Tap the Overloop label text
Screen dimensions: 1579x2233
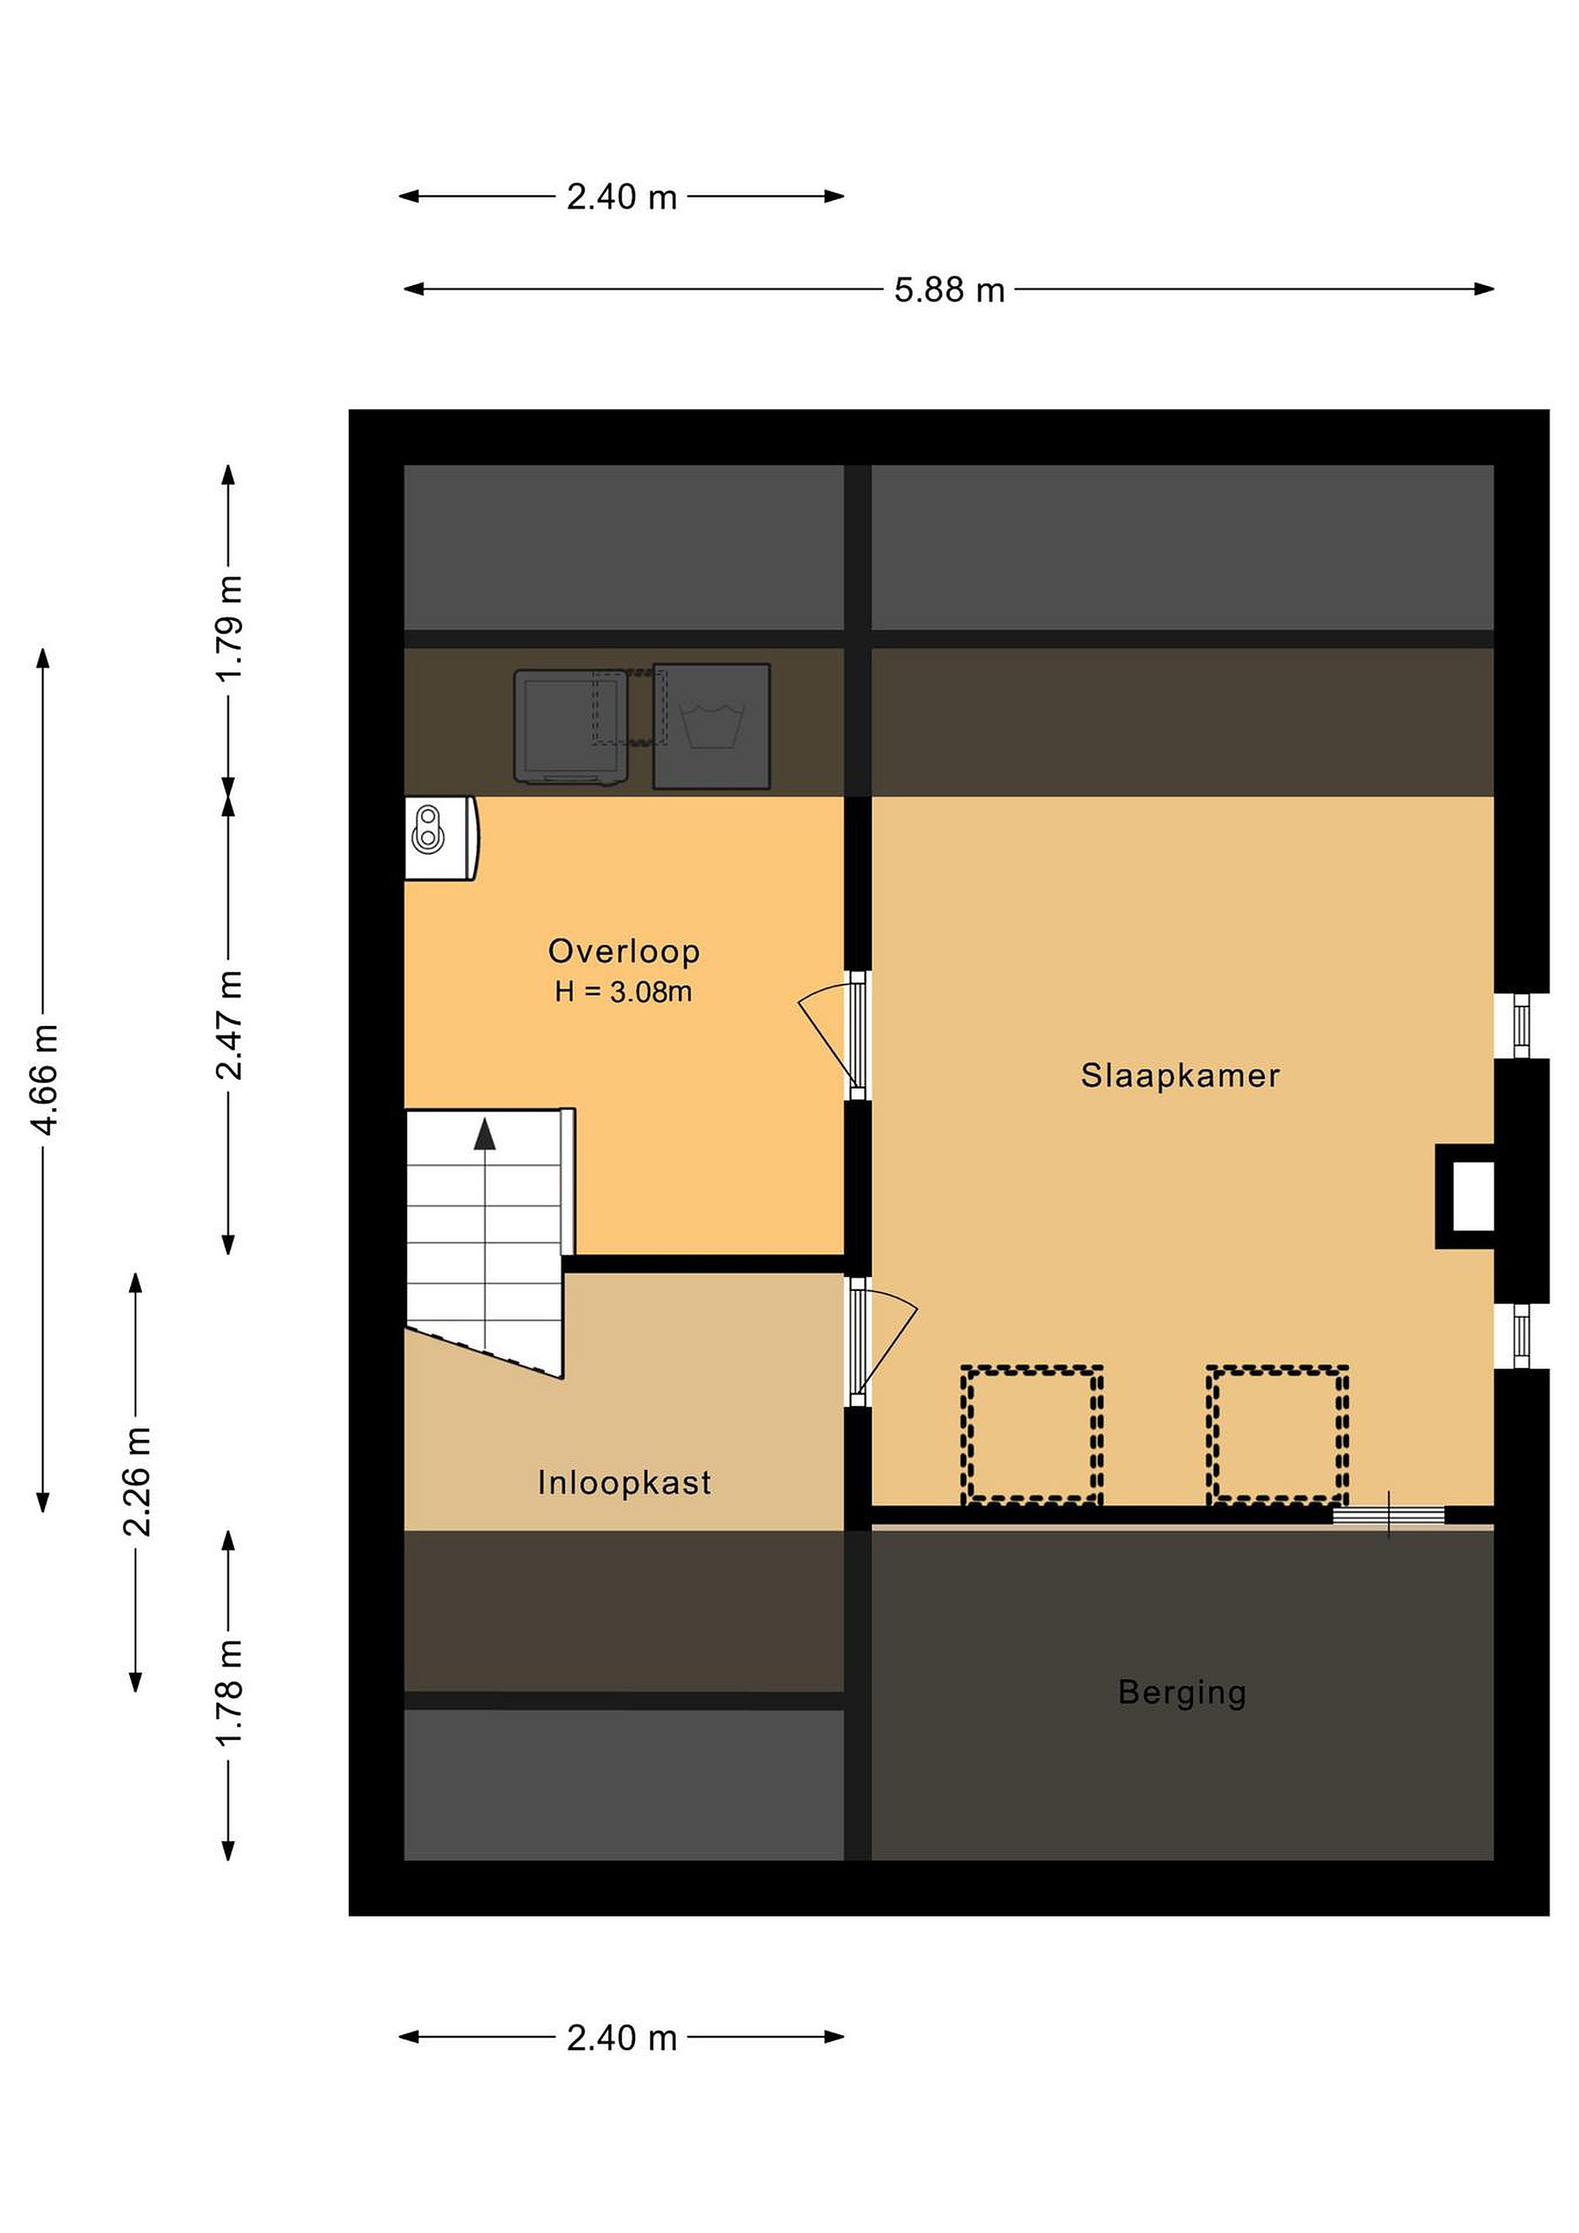coord(623,951)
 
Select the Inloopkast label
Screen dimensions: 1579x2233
coord(624,1482)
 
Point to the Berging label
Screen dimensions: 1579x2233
coord(1181,1693)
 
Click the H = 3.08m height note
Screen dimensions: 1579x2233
coord(623,992)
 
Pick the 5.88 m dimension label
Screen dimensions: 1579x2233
coord(949,290)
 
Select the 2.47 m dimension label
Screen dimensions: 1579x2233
coord(229,1025)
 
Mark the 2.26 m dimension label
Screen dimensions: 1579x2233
coord(137,1482)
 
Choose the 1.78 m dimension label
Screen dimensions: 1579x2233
coord(229,1693)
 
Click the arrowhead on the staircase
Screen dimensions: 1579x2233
coord(484,1135)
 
